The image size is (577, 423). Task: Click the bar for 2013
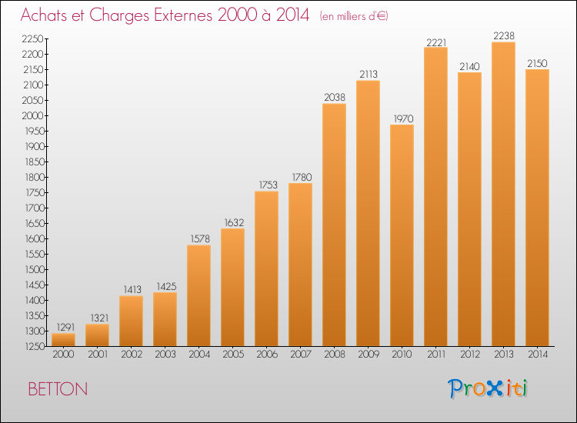(503, 195)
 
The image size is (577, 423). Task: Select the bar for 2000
(63, 340)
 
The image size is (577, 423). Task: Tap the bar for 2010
(402, 235)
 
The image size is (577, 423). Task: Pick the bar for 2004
(198, 296)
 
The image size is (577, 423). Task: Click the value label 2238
(504, 35)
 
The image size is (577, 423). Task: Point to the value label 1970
(403, 118)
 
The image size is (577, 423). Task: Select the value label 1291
(65, 327)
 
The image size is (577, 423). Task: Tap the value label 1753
(268, 185)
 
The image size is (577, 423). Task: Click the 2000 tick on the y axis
(33, 115)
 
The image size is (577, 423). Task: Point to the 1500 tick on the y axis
(34, 269)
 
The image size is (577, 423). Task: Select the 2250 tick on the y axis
(33, 38)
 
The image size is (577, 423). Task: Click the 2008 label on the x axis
(335, 354)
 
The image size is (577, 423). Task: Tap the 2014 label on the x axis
(538, 354)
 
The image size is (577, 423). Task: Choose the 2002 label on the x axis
(132, 354)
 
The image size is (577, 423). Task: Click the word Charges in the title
(118, 15)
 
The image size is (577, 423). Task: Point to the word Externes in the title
(183, 15)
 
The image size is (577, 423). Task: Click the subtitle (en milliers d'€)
(354, 16)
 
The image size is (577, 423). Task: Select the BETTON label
(58, 389)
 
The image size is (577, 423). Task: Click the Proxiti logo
(488, 388)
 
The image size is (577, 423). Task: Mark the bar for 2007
(300, 265)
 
